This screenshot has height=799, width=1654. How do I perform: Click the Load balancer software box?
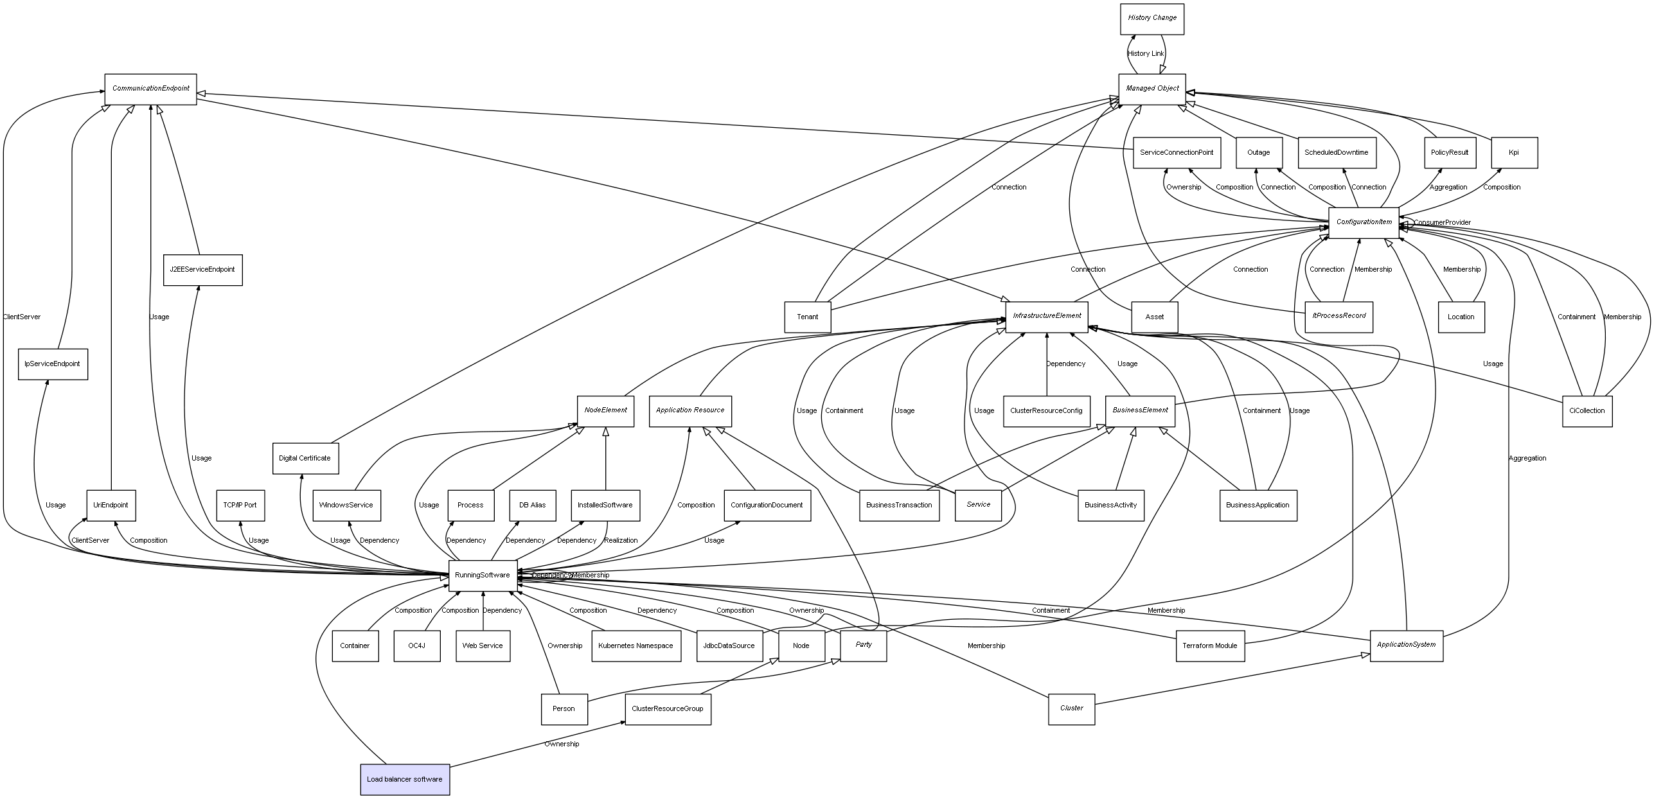(405, 779)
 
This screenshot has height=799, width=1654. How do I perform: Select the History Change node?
(1152, 19)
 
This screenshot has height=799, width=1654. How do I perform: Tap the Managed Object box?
(1152, 89)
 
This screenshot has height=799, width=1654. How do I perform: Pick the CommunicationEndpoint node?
(150, 89)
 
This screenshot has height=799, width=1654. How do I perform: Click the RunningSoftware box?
(483, 575)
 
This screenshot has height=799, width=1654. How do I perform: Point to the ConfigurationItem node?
(1364, 222)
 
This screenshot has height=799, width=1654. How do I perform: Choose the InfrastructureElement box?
(1046, 316)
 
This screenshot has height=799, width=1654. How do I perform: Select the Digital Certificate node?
(305, 458)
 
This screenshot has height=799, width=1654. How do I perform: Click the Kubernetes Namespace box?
(636, 645)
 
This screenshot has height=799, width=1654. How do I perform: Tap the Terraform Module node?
(1209, 645)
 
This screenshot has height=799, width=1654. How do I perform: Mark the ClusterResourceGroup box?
(668, 708)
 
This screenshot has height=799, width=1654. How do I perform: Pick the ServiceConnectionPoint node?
(1176, 152)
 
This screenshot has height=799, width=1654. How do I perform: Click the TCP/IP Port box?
(240, 505)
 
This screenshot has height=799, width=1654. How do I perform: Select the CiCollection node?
(1586, 410)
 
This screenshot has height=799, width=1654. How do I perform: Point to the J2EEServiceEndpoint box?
(202, 269)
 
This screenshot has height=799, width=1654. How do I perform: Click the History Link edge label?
(1145, 54)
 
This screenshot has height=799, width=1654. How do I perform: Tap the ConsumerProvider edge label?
(1441, 223)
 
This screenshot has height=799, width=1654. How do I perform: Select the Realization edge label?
(621, 540)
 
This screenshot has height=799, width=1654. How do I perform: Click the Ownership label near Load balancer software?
(562, 744)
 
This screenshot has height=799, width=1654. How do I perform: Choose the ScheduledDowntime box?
(1337, 152)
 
